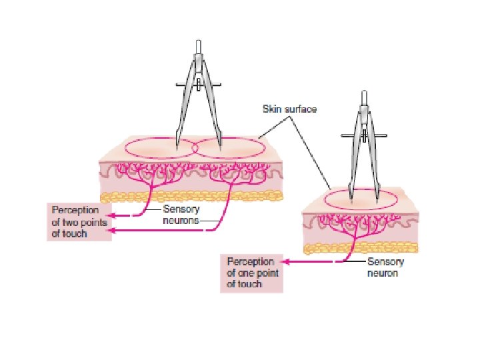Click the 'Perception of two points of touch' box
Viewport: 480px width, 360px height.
75,222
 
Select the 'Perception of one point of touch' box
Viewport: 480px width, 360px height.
251,273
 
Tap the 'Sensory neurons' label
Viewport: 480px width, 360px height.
181,214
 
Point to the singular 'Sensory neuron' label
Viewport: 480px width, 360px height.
385,267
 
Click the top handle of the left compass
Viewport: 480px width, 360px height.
199,45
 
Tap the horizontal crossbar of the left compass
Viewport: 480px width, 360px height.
199,85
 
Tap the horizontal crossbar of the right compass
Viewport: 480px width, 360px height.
364,136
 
